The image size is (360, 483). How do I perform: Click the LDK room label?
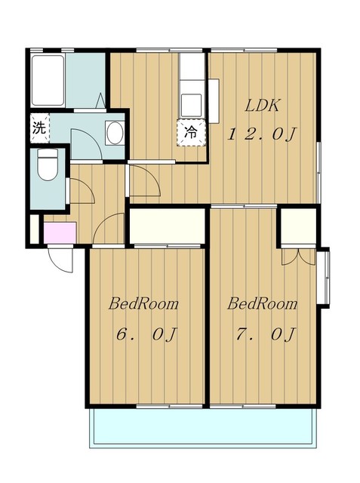coord(263,106)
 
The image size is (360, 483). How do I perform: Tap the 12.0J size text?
coord(261,134)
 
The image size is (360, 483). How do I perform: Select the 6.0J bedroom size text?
coord(146,334)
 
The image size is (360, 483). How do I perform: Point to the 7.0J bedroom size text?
coord(266,334)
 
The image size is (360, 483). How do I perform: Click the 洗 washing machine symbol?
coord(40,128)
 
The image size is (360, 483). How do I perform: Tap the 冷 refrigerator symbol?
coord(191,132)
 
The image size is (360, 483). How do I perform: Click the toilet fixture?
coord(48,165)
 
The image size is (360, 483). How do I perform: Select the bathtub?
coord(48,81)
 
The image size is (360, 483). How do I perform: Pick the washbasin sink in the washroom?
coord(115,133)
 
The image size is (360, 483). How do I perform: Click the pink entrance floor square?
coord(60,233)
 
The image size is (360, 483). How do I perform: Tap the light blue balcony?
coord(202,427)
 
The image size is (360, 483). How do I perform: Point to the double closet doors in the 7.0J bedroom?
coord(298,257)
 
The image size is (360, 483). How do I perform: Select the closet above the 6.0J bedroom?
coord(168,226)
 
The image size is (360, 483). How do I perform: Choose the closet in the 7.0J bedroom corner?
coord(299,226)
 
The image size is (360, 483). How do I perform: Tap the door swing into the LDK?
coord(145,180)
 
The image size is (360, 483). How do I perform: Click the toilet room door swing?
coord(82,191)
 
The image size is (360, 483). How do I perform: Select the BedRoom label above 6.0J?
coord(143,303)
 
